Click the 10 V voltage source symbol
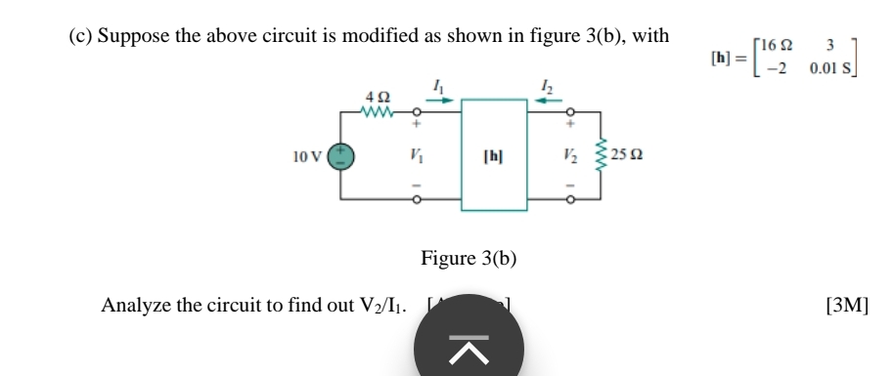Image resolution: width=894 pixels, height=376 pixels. tap(339, 155)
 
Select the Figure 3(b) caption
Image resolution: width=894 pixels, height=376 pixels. tap(469, 259)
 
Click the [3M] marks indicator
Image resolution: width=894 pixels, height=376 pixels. tap(846, 306)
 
